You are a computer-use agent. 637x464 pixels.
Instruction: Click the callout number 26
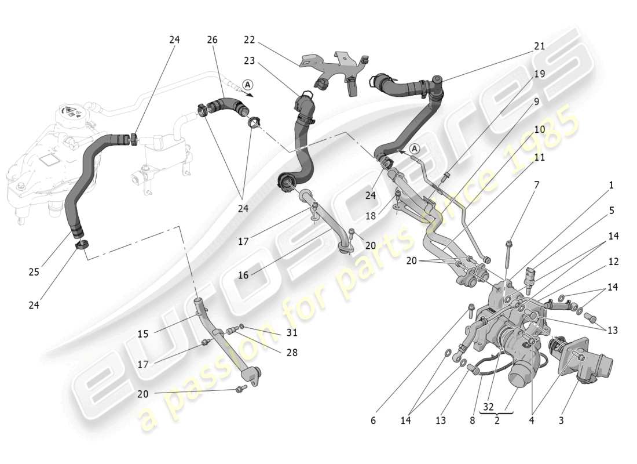[x=212, y=40]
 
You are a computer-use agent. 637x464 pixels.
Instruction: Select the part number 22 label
[x=249, y=40]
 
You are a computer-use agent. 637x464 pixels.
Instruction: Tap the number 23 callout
[x=249, y=60]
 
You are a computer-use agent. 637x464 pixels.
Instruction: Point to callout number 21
[x=539, y=46]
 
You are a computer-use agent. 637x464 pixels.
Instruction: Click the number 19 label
[x=539, y=74]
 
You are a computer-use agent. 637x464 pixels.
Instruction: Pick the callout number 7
[x=536, y=185]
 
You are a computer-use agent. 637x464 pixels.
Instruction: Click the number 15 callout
[x=143, y=334]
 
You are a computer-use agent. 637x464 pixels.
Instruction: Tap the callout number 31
[x=291, y=332]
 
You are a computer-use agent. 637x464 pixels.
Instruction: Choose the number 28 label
[x=291, y=352]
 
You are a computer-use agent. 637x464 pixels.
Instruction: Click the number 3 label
[x=561, y=420]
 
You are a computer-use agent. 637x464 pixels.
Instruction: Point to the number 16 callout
[x=243, y=275]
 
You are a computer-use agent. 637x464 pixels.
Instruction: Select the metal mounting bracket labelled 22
[x=336, y=68]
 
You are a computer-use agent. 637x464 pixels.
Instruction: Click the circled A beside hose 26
[x=247, y=84]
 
